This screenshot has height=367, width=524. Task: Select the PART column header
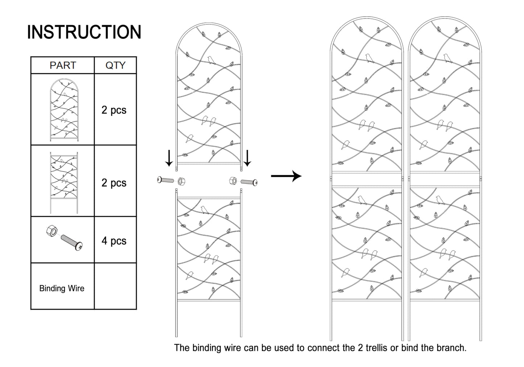coord(63,65)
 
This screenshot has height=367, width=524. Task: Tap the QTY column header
coord(115,65)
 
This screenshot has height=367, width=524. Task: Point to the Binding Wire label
coord(62,288)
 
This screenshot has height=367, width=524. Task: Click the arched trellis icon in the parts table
coord(64,110)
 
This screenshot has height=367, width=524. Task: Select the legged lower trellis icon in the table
coord(64,183)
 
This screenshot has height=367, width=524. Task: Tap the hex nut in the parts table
coord(52,231)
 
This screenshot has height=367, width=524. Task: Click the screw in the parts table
coord(72,243)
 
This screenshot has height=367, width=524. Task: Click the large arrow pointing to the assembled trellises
coord(286,176)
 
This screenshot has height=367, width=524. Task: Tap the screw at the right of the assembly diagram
coord(249,182)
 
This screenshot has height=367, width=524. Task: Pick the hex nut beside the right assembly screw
coord(233,180)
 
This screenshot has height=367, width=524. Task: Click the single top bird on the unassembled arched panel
coord(211,60)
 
